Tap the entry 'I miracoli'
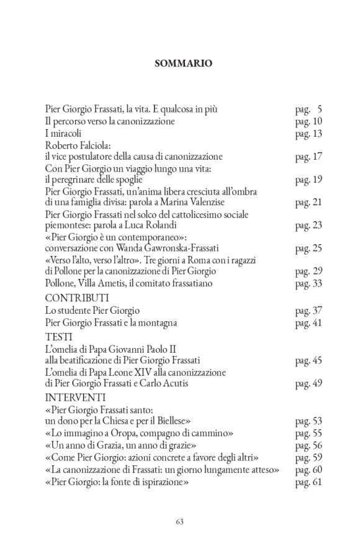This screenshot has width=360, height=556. point(63,133)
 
